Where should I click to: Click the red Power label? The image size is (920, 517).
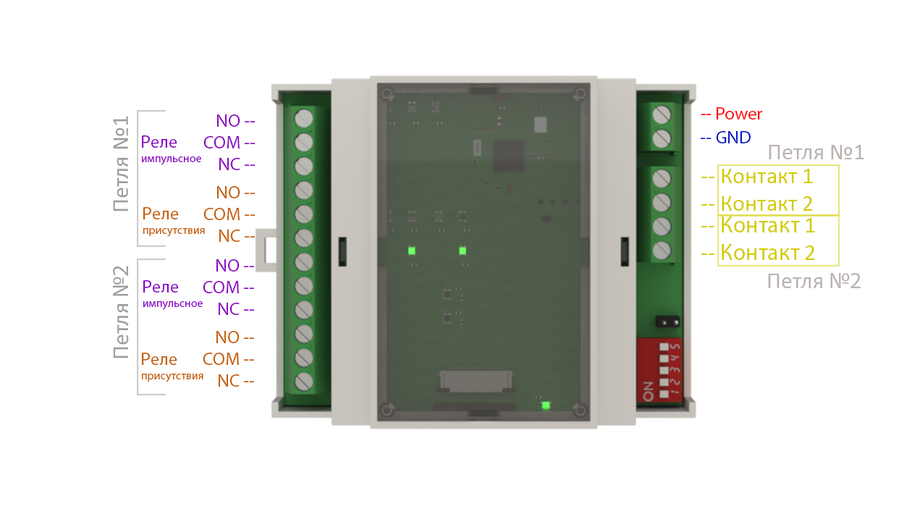click(x=738, y=114)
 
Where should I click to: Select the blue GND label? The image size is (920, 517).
click(x=733, y=138)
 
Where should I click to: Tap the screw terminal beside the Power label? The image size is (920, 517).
click(x=662, y=114)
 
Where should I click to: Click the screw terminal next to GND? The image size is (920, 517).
click(x=662, y=138)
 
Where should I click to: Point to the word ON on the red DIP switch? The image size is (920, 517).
click(x=649, y=391)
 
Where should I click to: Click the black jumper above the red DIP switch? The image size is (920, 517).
click(x=667, y=321)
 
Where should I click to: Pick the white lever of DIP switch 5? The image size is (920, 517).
click(x=664, y=347)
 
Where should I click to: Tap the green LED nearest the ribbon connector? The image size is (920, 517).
click(x=546, y=405)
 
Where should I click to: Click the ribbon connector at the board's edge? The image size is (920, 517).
click(x=476, y=381)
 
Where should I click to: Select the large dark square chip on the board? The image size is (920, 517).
click(x=508, y=156)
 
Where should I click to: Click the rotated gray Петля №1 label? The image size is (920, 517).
click(x=122, y=164)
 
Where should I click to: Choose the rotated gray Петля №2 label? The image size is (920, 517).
click(x=122, y=312)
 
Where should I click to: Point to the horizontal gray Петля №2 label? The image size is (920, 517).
click(x=814, y=282)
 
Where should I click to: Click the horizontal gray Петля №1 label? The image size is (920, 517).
click(x=816, y=153)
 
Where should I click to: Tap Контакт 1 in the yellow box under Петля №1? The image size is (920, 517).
click(x=767, y=177)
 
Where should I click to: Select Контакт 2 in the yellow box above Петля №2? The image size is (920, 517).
click(x=767, y=252)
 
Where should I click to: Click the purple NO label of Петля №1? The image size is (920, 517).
click(x=228, y=121)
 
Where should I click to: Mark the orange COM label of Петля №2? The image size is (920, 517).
click(x=221, y=359)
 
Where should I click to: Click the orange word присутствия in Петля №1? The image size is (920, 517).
click(x=174, y=230)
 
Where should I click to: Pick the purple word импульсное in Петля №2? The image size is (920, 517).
click(x=172, y=303)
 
